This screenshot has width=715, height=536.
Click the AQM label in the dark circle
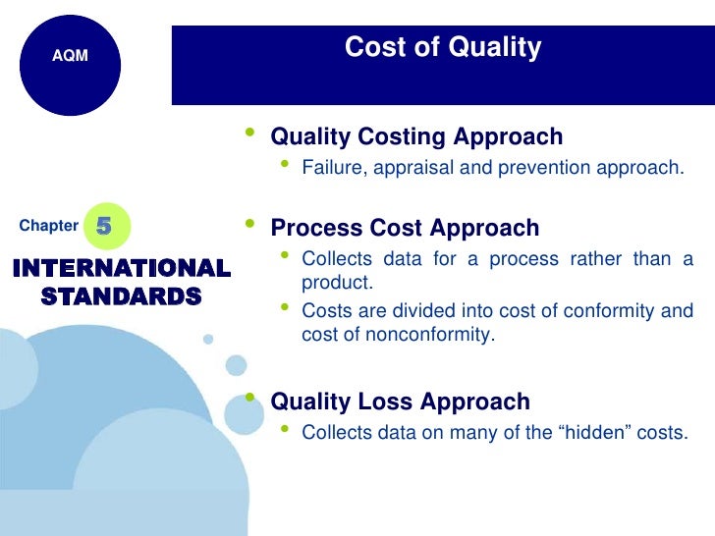pos(70,56)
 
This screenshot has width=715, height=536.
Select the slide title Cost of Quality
pos(442,47)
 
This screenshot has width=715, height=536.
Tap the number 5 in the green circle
pos(104,226)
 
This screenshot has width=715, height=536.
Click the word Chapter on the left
pos(48,226)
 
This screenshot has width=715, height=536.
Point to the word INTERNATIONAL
pos(122,268)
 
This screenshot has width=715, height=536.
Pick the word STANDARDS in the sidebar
pos(122,295)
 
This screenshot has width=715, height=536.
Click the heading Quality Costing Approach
pos(416,136)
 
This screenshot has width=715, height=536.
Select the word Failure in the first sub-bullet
pos(332,167)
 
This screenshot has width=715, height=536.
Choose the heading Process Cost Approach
pos(405,228)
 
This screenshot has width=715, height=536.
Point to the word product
pos(336,283)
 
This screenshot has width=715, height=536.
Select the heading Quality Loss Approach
pos(400,402)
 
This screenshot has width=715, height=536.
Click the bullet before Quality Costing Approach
pos(252,133)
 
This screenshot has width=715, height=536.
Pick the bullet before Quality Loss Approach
pos(252,398)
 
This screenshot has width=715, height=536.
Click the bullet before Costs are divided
pos(285,308)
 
